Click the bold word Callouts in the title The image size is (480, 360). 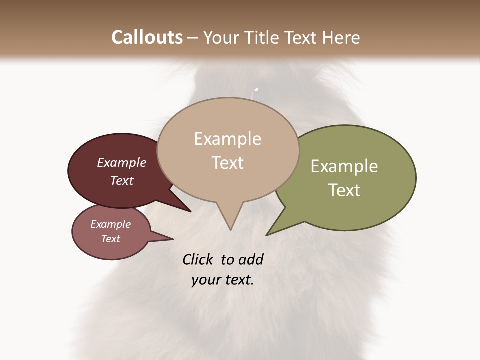click(x=147, y=37)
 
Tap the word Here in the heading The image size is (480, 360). click(x=341, y=37)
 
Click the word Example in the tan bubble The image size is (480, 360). click(x=227, y=139)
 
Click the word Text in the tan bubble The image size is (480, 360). click(x=227, y=163)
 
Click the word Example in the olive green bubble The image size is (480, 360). click(x=344, y=166)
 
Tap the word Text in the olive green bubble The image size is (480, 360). click(x=344, y=190)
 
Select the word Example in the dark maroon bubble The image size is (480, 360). click(x=122, y=162)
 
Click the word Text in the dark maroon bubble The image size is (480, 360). click(x=122, y=180)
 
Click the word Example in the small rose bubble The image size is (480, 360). click(x=110, y=224)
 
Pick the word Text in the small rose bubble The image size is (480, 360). click(x=110, y=239)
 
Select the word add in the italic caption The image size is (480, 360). click(x=251, y=259)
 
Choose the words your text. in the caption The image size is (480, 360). click(x=223, y=280)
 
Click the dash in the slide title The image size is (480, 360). click(x=193, y=38)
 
